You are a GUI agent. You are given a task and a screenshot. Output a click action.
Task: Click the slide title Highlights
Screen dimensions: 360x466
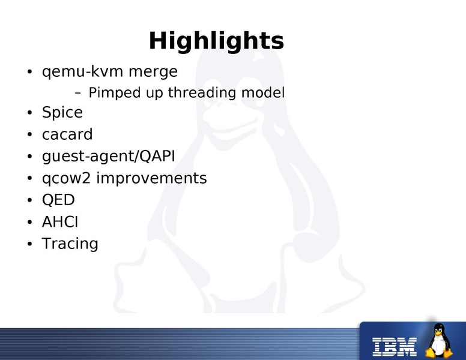(x=216, y=41)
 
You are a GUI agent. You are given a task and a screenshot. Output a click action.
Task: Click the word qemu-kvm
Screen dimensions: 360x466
(x=74, y=72)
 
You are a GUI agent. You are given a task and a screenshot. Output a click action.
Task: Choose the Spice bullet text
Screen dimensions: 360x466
(x=62, y=113)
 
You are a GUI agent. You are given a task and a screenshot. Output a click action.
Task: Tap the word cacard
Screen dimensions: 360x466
(x=67, y=134)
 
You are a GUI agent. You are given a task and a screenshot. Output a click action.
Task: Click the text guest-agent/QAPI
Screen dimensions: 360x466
(x=109, y=157)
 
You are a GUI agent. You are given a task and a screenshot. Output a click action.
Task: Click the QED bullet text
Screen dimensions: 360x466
(x=58, y=200)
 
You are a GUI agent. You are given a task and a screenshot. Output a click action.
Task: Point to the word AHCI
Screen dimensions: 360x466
(x=60, y=222)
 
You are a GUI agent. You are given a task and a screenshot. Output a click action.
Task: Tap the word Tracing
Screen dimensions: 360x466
(x=70, y=244)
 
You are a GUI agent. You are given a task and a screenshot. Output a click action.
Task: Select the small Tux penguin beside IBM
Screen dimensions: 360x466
(x=440, y=341)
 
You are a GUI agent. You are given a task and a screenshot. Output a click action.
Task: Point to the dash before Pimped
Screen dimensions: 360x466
(x=77, y=94)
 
